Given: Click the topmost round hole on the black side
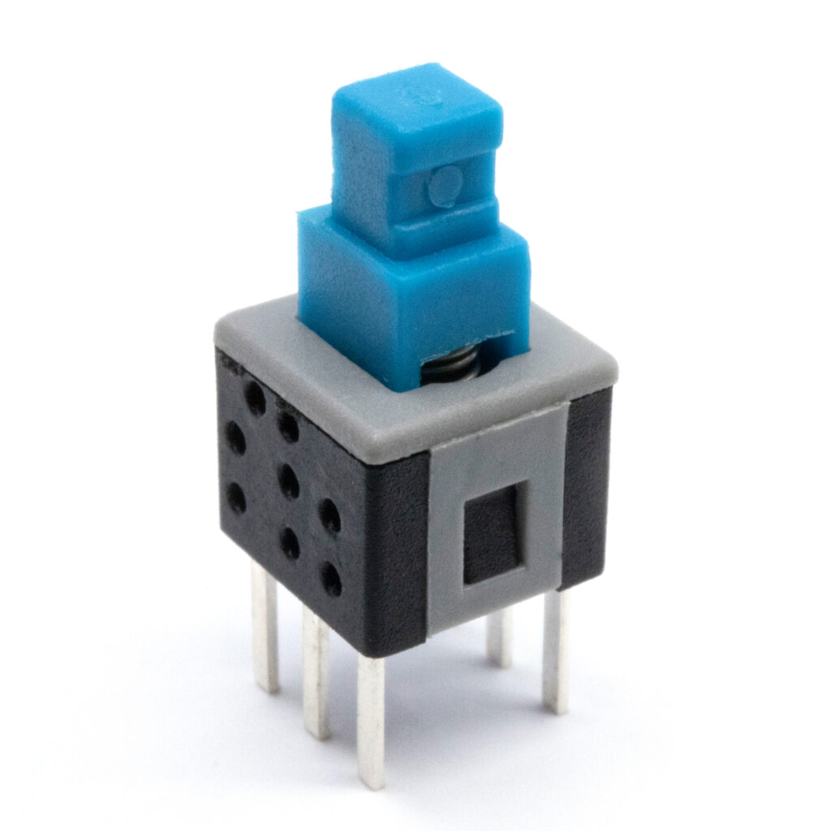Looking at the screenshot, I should coord(255,398).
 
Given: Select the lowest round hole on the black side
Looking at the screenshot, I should coord(330,578).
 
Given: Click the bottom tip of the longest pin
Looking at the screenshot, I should coord(372,783).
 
